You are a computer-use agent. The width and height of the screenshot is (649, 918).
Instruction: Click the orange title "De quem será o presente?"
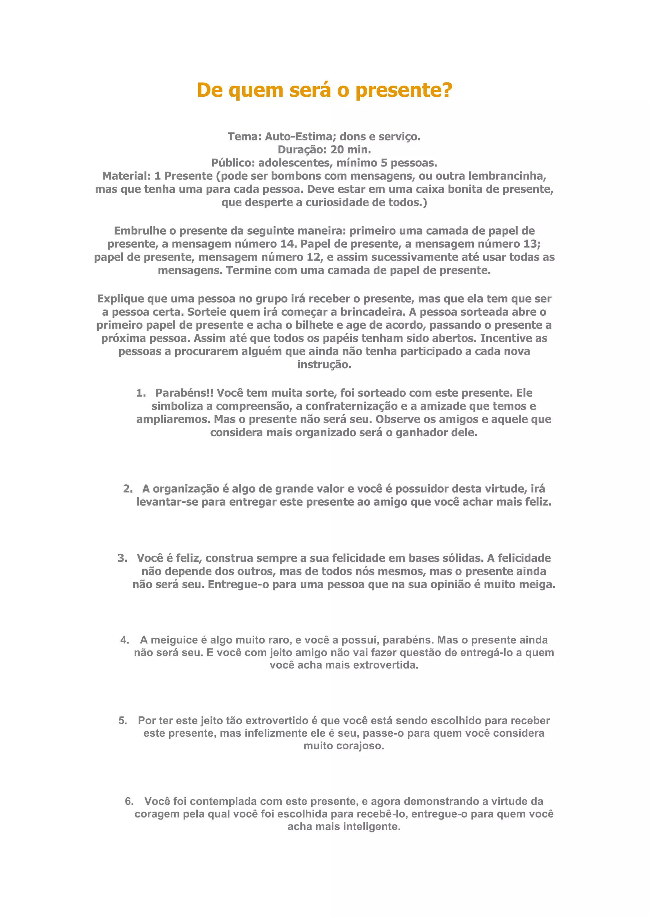pos(324,90)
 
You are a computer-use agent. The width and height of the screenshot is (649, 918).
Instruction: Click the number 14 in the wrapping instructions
pos(289,244)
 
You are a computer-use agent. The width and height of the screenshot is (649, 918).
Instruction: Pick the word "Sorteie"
pos(207,312)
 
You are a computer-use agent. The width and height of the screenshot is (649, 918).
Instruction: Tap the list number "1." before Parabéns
pos(141,393)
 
